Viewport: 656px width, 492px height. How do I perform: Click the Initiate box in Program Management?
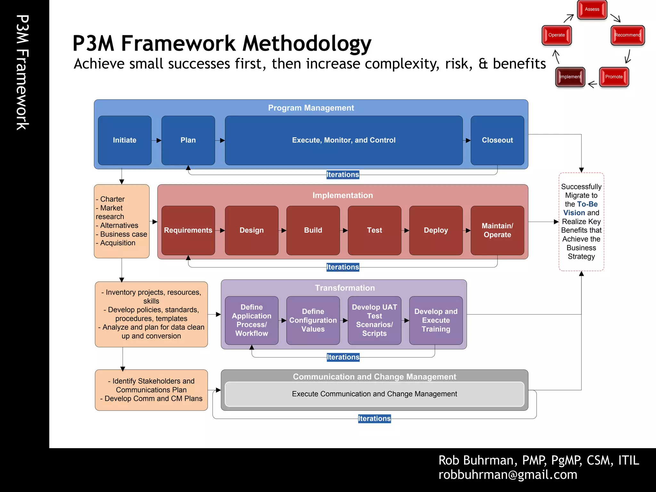[125, 140]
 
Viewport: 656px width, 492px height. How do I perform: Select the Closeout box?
[497, 140]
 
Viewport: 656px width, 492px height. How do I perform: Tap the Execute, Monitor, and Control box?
[344, 140]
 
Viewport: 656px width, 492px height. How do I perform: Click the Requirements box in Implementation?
[188, 230]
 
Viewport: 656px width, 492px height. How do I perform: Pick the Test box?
[374, 230]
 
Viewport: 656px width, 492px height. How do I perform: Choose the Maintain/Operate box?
[497, 230]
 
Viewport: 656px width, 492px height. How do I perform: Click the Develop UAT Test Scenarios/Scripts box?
[374, 320]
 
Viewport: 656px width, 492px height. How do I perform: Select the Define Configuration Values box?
[313, 320]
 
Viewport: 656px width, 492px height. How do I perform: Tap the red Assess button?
[592, 10]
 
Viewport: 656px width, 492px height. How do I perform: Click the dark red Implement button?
[570, 77]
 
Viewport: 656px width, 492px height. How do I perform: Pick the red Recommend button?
[627, 35]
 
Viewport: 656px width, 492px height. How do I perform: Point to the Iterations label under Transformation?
[343, 357]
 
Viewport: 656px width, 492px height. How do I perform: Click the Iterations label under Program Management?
[343, 175]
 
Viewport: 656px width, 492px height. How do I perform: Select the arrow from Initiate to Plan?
[157, 140]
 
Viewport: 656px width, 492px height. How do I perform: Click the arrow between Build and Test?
[344, 230]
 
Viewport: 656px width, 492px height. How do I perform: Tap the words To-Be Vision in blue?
[580, 209]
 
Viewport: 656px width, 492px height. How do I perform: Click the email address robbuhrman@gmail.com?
[508, 475]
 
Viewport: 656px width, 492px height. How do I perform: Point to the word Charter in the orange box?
[112, 199]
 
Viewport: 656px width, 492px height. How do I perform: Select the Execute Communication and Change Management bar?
[374, 394]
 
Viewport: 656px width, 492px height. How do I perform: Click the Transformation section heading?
[345, 288]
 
